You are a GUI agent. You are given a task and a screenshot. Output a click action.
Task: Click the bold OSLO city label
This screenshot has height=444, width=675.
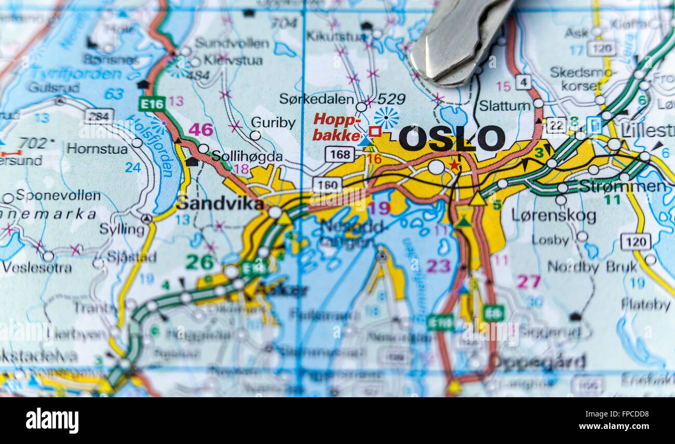451,139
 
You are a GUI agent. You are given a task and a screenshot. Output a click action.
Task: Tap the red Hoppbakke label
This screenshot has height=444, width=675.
337,127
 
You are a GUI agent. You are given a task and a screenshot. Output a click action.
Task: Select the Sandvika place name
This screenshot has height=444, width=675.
220,204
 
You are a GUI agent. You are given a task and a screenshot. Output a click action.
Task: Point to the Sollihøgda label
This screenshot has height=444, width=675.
247,156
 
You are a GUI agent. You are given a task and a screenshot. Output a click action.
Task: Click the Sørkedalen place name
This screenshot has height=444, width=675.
317,99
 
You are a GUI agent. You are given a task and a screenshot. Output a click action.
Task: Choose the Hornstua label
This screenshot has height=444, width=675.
97,149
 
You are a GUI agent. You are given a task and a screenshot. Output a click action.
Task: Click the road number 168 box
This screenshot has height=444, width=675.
340,154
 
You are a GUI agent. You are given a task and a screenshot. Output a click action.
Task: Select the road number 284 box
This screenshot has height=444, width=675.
99,116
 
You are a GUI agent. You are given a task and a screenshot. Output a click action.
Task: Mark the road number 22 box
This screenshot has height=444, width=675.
556,125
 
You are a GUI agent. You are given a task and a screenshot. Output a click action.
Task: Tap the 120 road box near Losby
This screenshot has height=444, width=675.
635,241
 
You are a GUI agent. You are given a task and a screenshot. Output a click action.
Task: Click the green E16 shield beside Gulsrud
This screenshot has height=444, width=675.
152,103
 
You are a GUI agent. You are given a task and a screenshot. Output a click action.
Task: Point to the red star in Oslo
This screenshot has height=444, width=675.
454,165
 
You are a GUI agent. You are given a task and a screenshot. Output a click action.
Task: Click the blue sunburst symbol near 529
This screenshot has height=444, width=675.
386,118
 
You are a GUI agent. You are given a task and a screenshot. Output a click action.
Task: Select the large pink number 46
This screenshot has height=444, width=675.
200,129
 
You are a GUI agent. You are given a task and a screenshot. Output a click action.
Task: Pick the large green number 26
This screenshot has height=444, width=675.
199,262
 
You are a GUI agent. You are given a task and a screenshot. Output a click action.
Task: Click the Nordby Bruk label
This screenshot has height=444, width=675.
591,267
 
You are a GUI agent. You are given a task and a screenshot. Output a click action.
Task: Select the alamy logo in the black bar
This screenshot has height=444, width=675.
52,420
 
